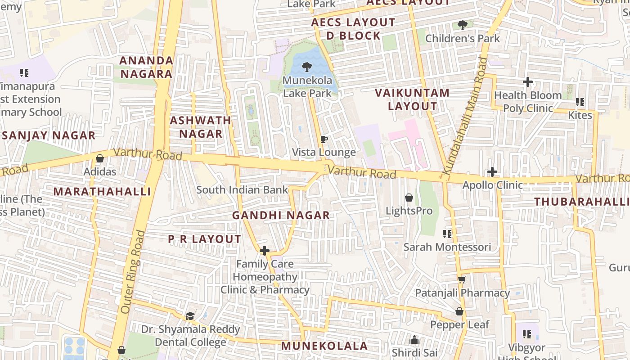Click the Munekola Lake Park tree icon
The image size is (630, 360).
pos(307,67)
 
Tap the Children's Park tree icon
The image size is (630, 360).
pos(462,25)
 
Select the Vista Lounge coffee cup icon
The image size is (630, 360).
pos(324,139)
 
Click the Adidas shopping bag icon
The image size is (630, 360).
pos(100,158)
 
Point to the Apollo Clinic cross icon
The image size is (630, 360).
pos(492,171)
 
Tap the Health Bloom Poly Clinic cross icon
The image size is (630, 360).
pos(528,82)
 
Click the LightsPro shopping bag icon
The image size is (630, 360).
pos(409,198)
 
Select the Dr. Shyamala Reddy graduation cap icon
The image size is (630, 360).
pos(190,316)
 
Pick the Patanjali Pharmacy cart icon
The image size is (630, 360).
pos(462,280)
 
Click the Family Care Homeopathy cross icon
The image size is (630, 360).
pos(265,251)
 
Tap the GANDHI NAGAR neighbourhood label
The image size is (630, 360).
pos(281,216)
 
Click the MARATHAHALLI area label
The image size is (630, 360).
pos(102,192)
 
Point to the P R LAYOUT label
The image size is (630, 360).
pos(205,239)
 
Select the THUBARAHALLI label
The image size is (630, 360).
pos(582,202)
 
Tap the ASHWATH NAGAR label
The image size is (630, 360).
pos(201,127)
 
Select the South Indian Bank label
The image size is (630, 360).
pos(242,190)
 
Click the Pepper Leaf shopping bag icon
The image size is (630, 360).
pos(459,311)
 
